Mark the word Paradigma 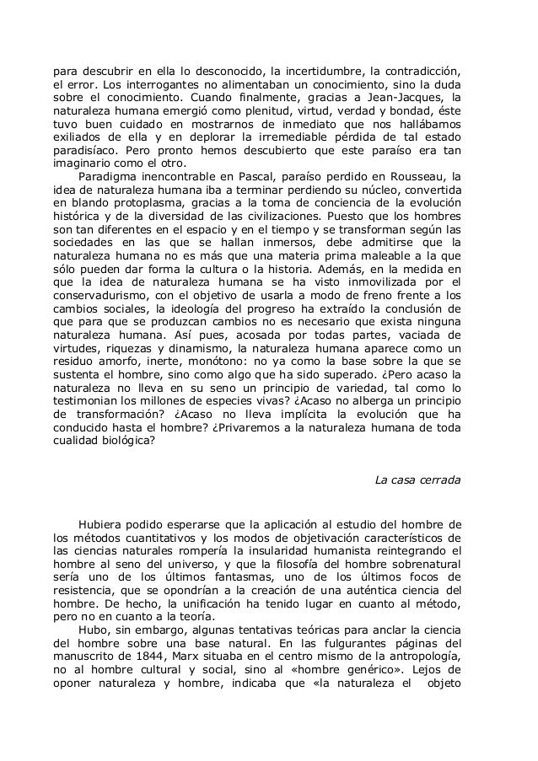(x=107, y=176)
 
